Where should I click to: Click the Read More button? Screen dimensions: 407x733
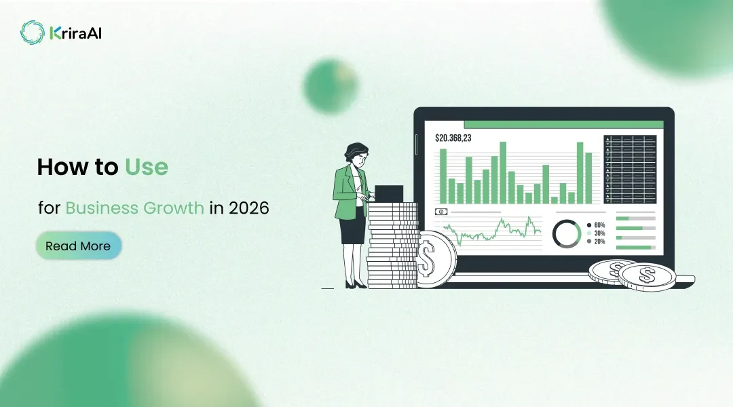pos(78,246)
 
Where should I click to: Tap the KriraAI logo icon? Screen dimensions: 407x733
pos(32,32)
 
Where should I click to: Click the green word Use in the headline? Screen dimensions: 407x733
pos(146,167)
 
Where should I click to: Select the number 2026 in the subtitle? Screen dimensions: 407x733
pos(248,208)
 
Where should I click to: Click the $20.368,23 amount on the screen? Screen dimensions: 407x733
pos(453,138)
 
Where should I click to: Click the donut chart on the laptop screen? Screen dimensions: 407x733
pos(566,233)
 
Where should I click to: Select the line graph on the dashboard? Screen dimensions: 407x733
pos(492,231)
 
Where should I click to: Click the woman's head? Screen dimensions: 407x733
pos(356,153)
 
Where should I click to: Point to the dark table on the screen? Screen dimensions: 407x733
pos(630,169)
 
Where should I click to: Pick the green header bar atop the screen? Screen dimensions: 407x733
pos(563,125)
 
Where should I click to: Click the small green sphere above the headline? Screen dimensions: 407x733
pos(330,86)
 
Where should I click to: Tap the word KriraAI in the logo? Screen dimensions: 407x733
pos(75,32)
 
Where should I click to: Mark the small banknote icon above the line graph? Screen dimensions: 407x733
pos(441,212)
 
